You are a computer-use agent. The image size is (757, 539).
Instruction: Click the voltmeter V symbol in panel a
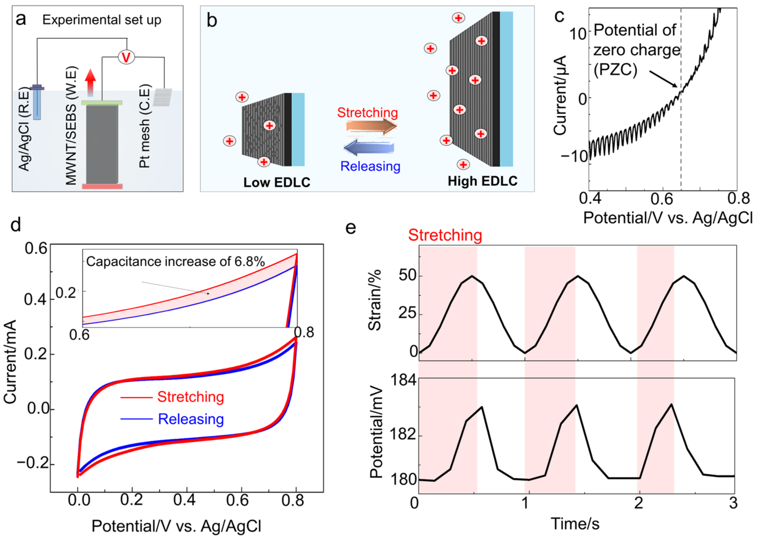point(126,57)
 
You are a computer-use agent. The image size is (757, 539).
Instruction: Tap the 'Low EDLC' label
point(277,182)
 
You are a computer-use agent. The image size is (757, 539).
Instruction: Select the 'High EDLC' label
point(482,181)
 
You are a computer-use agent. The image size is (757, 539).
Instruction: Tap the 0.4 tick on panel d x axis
point(184,499)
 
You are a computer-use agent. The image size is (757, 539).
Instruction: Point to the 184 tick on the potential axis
point(403,380)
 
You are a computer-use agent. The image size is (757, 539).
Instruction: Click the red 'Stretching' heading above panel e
point(445,235)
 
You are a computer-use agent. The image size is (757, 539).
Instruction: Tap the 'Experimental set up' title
point(102,20)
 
